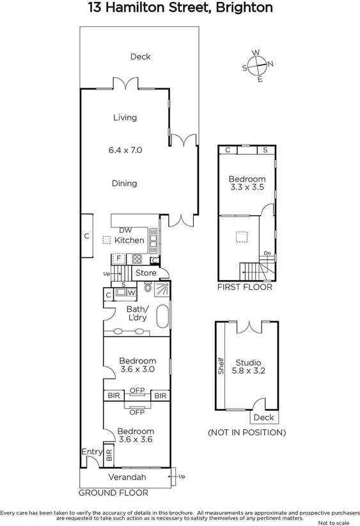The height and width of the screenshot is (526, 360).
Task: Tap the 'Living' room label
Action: point(125,118)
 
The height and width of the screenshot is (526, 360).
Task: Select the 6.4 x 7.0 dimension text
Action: point(125,150)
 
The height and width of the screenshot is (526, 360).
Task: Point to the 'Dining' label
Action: point(125,184)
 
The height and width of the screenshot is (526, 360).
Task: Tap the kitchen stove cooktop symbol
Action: point(136,259)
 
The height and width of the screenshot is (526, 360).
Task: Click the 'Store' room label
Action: point(146,273)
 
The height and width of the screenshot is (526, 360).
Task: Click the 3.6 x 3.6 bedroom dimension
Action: point(135,440)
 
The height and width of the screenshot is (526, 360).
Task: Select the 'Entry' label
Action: point(91,452)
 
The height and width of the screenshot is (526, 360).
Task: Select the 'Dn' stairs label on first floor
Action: point(268,253)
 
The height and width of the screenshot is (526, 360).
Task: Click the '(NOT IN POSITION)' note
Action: point(246,433)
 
